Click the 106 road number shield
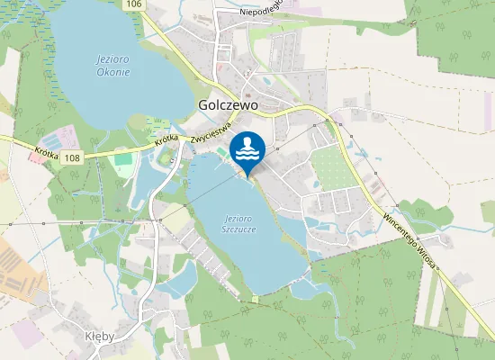pos(133,5)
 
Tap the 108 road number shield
pos(73,157)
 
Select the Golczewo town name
pos(228,105)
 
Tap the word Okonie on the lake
pos(112,72)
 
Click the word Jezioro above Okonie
pos(112,59)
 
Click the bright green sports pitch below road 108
pos(122,159)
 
